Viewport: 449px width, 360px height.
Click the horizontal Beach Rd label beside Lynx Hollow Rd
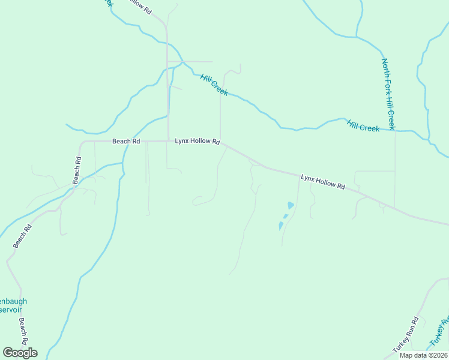click(126, 141)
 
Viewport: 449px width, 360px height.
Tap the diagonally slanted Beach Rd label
click(22, 235)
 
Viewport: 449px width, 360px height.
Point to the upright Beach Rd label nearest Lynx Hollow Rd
click(77, 170)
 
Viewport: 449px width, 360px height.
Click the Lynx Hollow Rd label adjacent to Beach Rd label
click(197, 141)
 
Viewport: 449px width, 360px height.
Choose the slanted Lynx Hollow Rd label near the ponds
click(323, 182)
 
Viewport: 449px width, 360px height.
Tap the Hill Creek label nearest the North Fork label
click(363, 125)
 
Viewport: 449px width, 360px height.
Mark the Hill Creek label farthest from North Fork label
click(214, 85)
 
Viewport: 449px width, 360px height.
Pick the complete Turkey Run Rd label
click(405, 335)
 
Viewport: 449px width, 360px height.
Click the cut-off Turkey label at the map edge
click(439, 334)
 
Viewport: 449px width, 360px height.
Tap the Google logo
click(20, 352)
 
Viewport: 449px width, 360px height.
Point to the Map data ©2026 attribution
click(423, 355)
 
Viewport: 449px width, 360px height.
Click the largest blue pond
click(291, 205)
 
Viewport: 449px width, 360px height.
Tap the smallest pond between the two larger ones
click(285, 216)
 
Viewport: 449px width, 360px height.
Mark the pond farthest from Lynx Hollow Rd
click(280, 226)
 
